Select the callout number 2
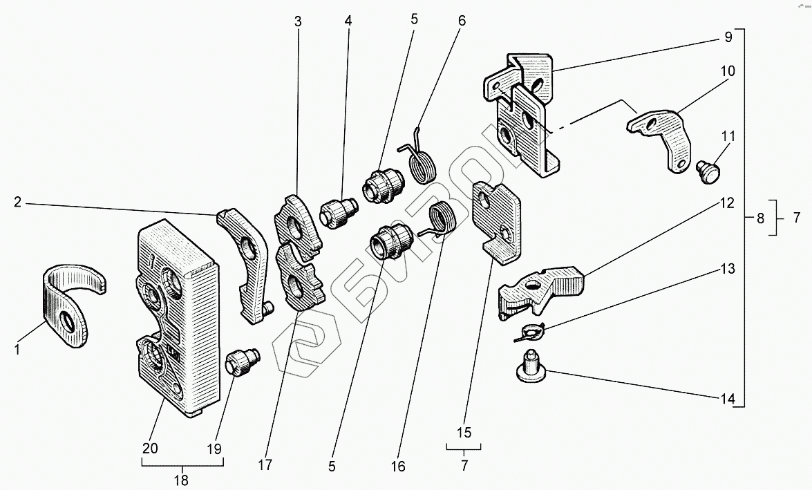coord(17,202)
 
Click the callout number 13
coord(728,269)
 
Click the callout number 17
coord(265,465)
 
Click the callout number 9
coord(728,37)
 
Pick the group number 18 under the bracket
coord(181,481)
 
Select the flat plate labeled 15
coord(497,223)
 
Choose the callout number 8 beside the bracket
coord(760,218)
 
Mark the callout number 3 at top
coord(298,21)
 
